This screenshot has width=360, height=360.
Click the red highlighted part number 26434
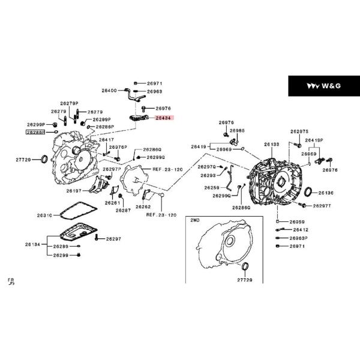pos(163,119)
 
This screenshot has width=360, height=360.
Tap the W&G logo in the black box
pos(323,86)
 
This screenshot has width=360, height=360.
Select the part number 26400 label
pos(109,90)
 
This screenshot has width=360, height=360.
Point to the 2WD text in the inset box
pos(195,221)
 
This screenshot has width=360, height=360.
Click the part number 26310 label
pos(45,214)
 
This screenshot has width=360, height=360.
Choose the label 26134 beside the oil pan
pos(32,245)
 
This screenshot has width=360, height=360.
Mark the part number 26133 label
pos(272,145)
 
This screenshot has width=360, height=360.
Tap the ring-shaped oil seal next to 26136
pos(308,193)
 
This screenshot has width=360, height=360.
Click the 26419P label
pos(314,140)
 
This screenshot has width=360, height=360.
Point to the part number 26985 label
pos(237,130)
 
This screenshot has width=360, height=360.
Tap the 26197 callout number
pos(74,191)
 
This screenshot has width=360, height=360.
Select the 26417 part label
pos(106,140)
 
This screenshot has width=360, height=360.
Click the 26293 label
pos(208,175)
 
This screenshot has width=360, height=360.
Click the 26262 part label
pos(143,206)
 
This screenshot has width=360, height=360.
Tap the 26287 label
pos(123,210)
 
